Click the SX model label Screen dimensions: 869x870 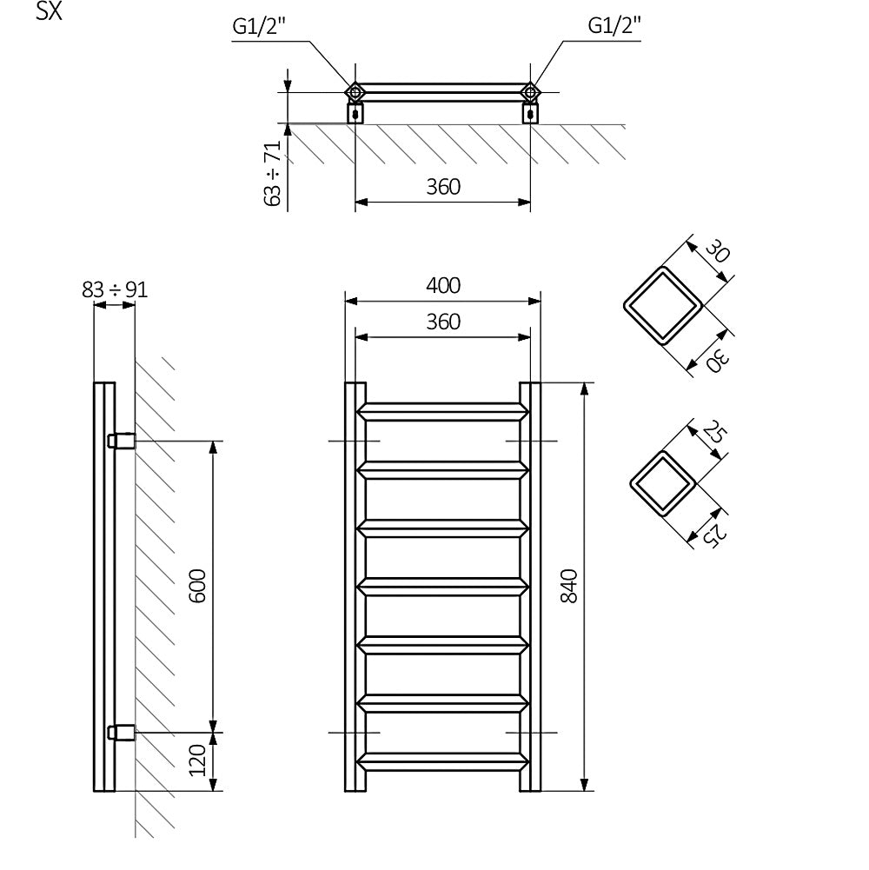(49, 11)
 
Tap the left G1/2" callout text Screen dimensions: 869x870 (259, 26)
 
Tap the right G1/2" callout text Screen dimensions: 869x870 (614, 25)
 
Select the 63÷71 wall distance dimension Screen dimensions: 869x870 (273, 173)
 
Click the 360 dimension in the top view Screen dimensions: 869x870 (443, 187)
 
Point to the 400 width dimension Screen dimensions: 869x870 (443, 285)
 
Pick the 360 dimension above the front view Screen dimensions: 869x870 (443, 322)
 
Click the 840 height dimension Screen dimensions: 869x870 (569, 586)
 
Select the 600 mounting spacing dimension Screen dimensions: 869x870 (197, 586)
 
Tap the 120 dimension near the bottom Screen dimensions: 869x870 (197, 760)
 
